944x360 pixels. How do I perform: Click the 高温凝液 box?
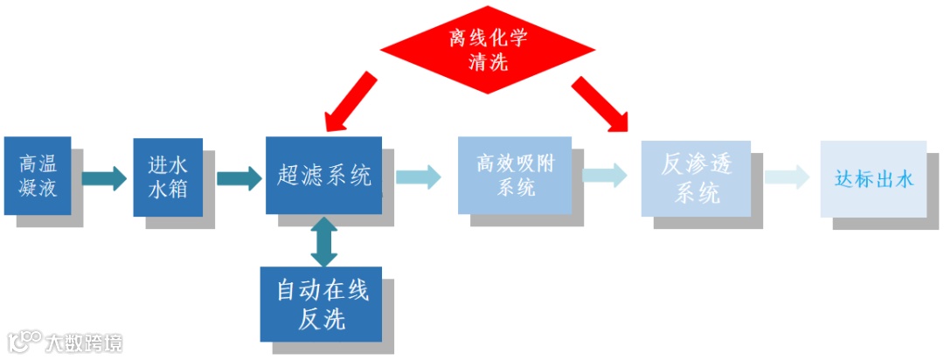tap(38, 176)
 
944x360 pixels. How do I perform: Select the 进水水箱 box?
tap(168, 177)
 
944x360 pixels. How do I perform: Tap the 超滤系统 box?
tap(323, 176)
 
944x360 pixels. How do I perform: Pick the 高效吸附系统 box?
tap(515, 175)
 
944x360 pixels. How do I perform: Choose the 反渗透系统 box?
tap(696, 177)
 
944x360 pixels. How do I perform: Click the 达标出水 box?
tap(872, 179)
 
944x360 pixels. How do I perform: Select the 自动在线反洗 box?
tap(322, 304)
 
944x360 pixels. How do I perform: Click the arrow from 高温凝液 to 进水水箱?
tap(105, 179)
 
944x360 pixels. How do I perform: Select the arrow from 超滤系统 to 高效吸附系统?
tap(418, 177)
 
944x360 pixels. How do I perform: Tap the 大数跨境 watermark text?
tap(84, 342)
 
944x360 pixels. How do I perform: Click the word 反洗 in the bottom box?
tap(322, 319)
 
